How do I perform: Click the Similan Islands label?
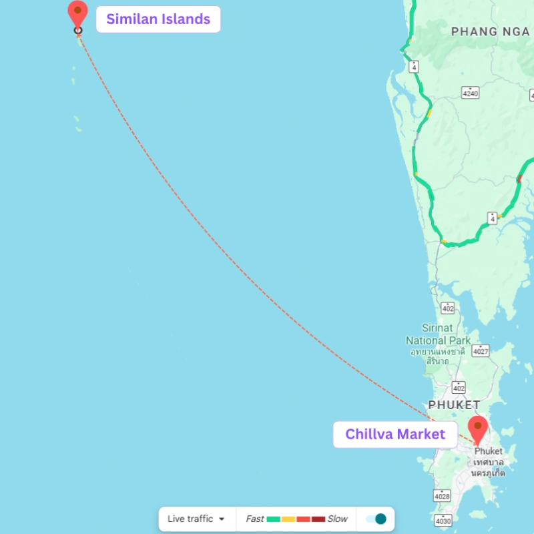158,19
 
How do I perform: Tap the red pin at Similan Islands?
78,11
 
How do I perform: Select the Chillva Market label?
394,435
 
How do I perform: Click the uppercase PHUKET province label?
454,405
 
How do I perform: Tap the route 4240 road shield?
471,93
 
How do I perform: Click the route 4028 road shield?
442,495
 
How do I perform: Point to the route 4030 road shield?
442,520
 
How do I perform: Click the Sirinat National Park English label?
438,334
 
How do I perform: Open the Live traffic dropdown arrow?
222,519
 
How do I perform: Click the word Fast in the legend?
255,519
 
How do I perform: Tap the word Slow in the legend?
337,519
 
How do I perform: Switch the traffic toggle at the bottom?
376,519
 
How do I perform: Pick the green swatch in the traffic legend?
274,519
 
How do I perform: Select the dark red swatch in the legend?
318,519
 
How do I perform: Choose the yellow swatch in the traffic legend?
288,519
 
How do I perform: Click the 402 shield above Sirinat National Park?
448,308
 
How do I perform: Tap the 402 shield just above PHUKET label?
458,388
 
